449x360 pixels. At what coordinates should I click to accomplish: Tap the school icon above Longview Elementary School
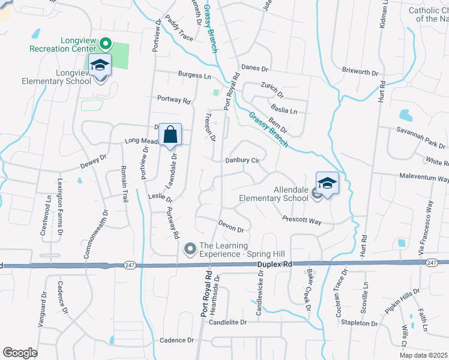pyautogui.click(x=100, y=64)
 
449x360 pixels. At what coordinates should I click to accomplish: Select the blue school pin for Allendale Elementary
pyautogui.click(x=327, y=182)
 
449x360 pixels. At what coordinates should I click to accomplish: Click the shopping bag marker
pyautogui.click(x=170, y=134)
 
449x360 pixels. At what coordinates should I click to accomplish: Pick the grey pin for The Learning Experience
pyautogui.click(x=190, y=248)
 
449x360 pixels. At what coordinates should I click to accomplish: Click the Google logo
pyautogui.click(x=20, y=353)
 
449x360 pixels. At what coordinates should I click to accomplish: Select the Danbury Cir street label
pyautogui.click(x=242, y=161)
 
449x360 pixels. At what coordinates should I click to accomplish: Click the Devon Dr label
pyautogui.click(x=232, y=229)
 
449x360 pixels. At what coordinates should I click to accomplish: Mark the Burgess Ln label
pyautogui.click(x=194, y=76)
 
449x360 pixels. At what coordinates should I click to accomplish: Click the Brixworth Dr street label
pyautogui.click(x=360, y=72)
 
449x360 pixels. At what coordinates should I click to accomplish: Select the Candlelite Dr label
pyautogui.click(x=228, y=322)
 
